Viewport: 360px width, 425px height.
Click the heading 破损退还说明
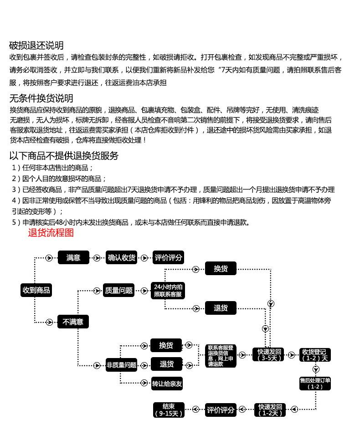pos(36,46)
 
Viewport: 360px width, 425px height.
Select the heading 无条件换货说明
pos(41,98)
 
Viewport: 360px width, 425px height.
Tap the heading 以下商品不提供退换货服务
pos(64,156)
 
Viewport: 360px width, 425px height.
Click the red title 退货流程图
pos(51,233)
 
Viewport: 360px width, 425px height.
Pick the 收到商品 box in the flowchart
pos(36,290)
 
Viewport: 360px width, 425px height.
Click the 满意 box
pos(73,258)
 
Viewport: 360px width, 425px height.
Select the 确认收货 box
pos(122,258)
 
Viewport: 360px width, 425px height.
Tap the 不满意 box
pos(73,322)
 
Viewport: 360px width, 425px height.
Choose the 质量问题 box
pos(118,290)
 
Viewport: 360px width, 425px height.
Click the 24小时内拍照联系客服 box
pos(168,290)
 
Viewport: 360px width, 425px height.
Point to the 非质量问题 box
pos(121,365)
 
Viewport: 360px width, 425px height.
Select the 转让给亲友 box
pos(167,384)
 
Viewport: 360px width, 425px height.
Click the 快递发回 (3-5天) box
pos(269,354)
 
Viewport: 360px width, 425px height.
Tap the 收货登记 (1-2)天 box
pos(315,354)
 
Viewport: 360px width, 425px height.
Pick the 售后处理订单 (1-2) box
pos(315,383)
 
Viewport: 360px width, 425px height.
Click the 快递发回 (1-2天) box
pos(271,410)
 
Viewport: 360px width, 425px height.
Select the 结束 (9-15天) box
pos(169,410)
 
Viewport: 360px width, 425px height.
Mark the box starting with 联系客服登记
pos(221,356)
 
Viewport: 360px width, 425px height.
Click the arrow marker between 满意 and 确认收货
pos(96,258)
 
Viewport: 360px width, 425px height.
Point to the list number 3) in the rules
pos(16,189)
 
